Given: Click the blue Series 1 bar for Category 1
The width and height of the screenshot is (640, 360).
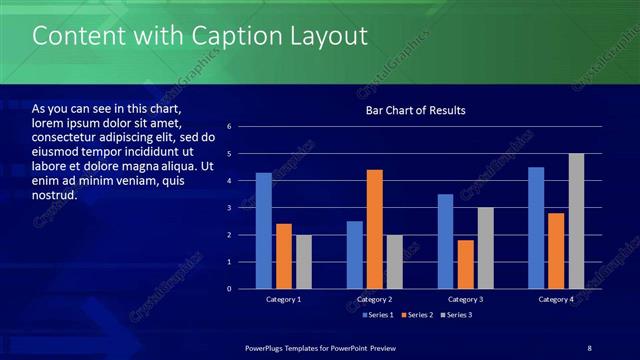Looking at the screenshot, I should point(263,231).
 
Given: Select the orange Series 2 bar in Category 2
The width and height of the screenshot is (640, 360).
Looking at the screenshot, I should point(375,229).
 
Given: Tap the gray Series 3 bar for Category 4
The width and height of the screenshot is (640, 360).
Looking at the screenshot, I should point(576,221).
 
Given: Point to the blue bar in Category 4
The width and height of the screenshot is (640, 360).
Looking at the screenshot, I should point(536,228).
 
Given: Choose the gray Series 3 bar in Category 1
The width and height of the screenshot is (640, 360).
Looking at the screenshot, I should point(303,262).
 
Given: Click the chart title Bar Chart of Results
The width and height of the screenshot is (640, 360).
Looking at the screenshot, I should point(415,110).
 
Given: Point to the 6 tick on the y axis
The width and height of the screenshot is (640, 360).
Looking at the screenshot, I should point(229,127).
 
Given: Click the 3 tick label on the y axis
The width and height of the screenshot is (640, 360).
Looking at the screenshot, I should point(229,208).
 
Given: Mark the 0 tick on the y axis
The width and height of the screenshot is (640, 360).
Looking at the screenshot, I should point(229,289).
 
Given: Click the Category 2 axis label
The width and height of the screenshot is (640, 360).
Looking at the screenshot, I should point(374,299).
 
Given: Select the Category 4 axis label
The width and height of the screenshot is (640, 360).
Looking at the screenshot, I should point(556,299).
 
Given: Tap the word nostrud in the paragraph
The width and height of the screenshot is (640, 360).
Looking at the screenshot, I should point(54,195).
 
